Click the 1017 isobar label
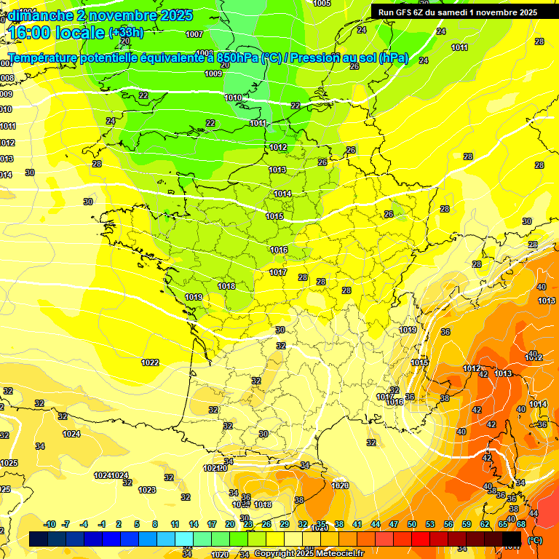pos(278,272)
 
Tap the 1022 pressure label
pos(150,362)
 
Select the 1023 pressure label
pos(147,490)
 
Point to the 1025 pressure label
pos(9,463)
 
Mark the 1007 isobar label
pos(194,34)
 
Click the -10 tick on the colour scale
pos(49,524)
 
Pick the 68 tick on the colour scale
pos(521,524)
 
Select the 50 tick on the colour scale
pos(412,524)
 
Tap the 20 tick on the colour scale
pos(230,524)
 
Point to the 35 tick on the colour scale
pos(321,524)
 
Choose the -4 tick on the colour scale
pos(84,524)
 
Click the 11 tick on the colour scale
pos(175,524)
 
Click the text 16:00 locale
pos(56,32)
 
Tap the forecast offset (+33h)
pos(126,33)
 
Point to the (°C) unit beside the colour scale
pos(535,539)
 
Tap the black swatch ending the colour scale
pos(512,539)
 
